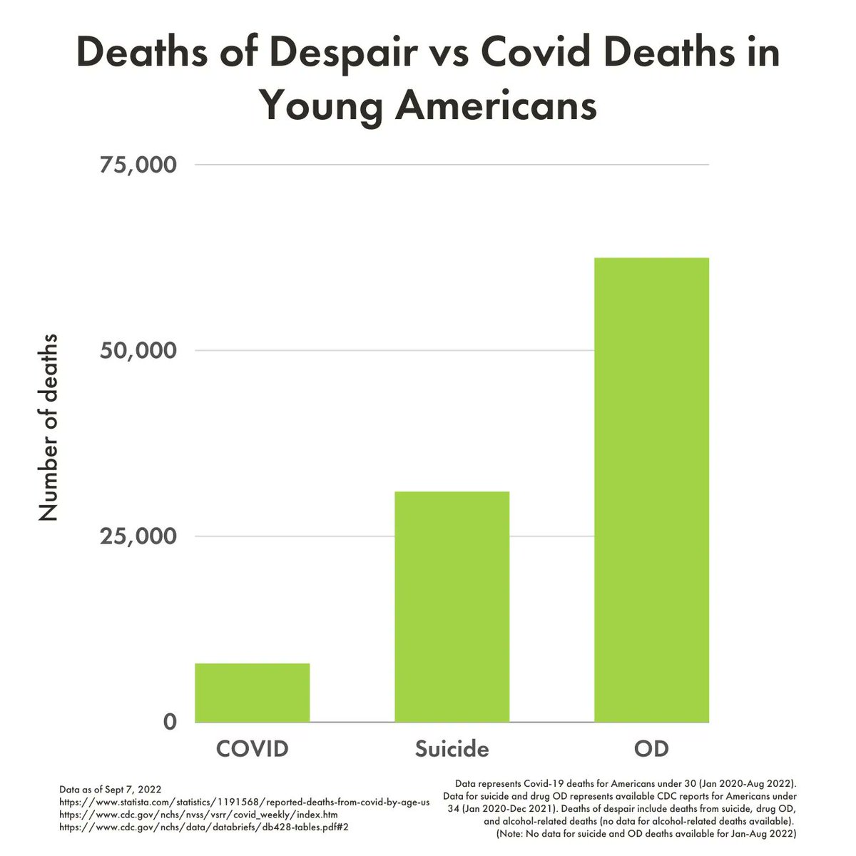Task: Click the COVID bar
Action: click(x=252, y=693)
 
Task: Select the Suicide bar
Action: click(x=452, y=606)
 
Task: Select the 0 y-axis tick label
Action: click(x=170, y=721)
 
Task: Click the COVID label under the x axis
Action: click(x=252, y=749)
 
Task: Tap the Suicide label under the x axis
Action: click(x=452, y=749)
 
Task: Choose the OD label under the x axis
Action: click(x=651, y=749)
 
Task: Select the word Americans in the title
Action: click(x=495, y=106)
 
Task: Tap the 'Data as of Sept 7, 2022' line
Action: click(x=110, y=790)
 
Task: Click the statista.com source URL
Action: click(x=244, y=802)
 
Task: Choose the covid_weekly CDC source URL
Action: click(x=198, y=814)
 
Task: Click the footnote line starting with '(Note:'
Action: click(x=646, y=832)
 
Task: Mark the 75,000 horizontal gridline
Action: click(x=452, y=165)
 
